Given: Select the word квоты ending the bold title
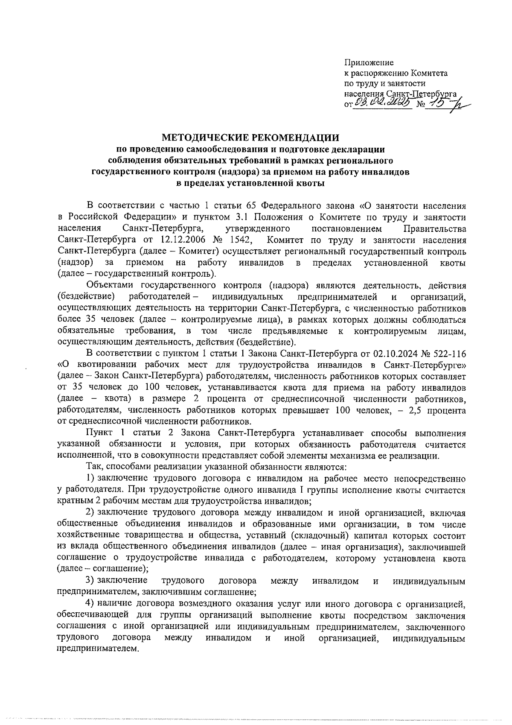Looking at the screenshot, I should coord(311,184).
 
